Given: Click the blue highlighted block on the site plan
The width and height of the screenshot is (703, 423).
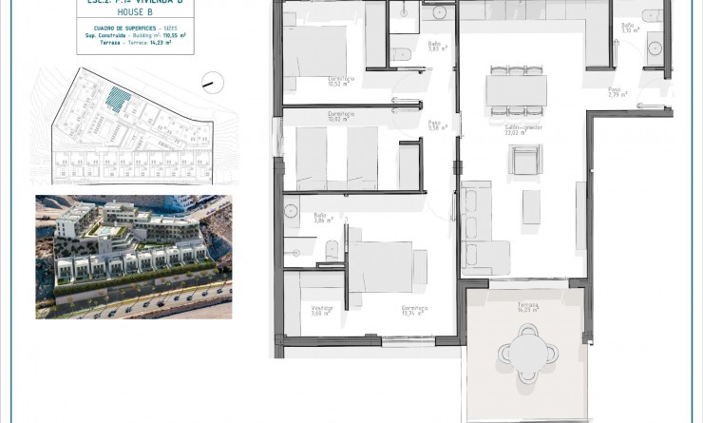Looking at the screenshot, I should click(x=118, y=99).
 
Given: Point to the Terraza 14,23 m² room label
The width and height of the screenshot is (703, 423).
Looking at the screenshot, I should click(x=528, y=306).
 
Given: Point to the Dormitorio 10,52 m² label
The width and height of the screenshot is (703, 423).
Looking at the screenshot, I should click(x=341, y=81).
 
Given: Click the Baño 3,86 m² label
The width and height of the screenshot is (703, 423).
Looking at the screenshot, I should click(x=321, y=218).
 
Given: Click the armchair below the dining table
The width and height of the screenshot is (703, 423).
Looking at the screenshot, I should click(x=525, y=160).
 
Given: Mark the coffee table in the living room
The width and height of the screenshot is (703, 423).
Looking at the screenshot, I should click(x=531, y=206).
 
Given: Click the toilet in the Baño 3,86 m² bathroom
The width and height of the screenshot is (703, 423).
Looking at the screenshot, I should click(x=331, y=250).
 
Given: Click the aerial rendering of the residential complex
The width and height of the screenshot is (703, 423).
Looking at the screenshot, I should click(x=133, y=257).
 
